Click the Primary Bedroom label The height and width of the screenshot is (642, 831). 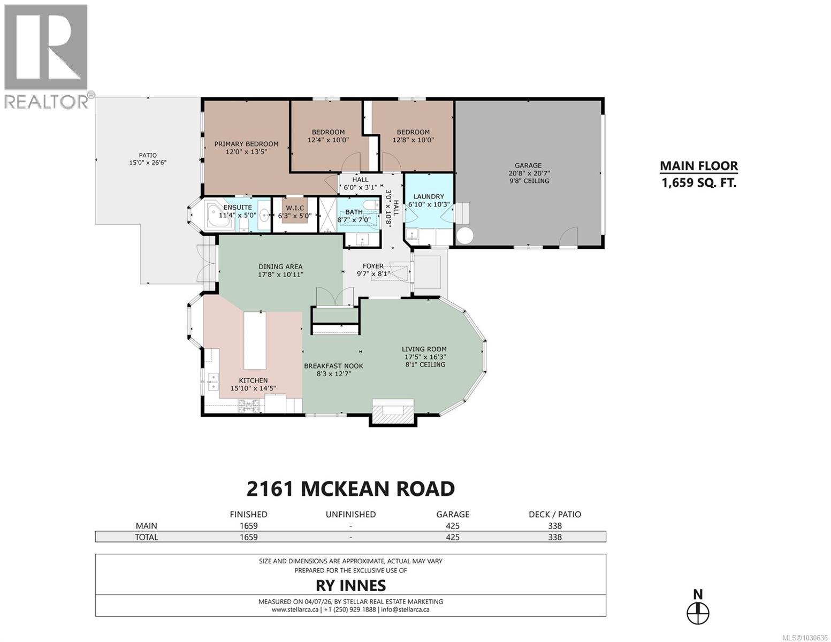tap(246, 144)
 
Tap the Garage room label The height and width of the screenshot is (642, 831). tap(528, 165)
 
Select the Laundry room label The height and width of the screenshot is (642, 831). tap(429, 196)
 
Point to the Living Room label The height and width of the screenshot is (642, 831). tap(424, 349)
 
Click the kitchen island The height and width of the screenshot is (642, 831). tap(255, 340)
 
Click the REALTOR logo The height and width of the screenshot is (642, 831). tap(46, 56)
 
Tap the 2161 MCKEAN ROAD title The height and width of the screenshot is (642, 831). tap(350, 488)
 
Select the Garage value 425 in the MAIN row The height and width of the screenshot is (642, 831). tap(452, 526)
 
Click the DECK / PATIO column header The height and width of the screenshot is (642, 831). tap(554, 514)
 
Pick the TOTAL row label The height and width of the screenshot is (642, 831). tap(147, 537)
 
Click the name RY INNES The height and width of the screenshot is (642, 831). tap(350, 585)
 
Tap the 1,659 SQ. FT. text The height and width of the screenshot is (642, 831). tap(698, 182)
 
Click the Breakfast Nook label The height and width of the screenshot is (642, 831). tap(333, 366)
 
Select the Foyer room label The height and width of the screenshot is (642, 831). tap(373, 266)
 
